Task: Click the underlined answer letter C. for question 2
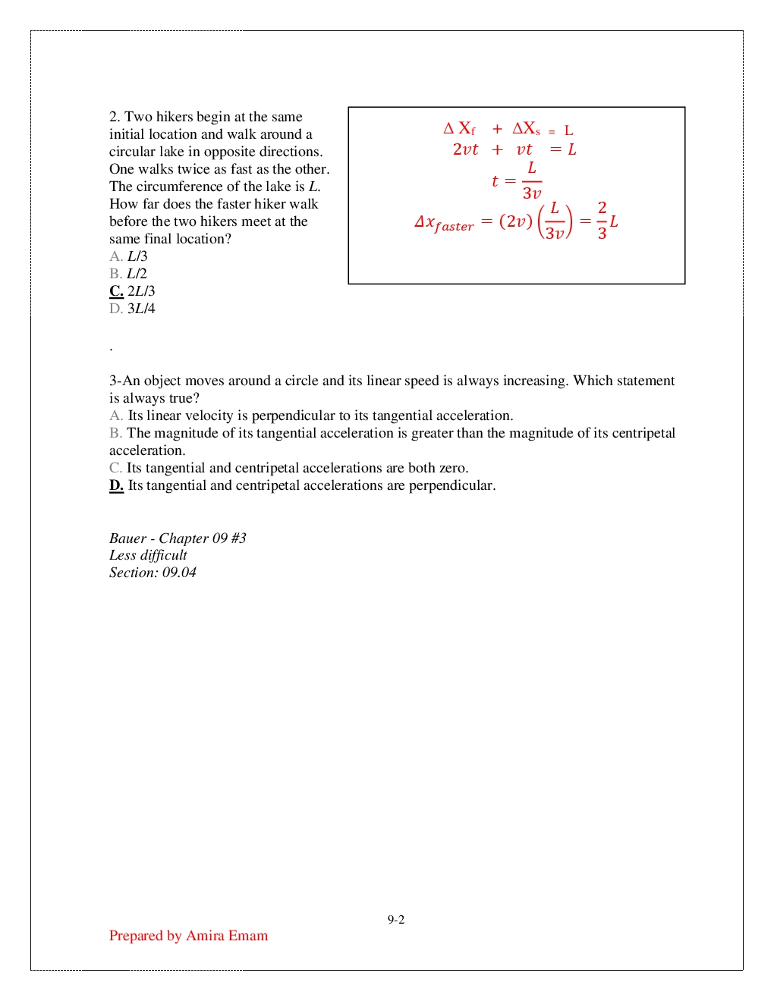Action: click(x=116, y=291)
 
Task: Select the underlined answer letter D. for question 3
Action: click(x=116, y=485)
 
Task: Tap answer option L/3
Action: click(x=137, y=256)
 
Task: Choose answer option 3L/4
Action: click(x=141, y=309)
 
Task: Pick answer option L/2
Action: click(x=137, y=274)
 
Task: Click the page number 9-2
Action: click(x=395, y=920)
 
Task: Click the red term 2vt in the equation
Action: click(x=465, y=149)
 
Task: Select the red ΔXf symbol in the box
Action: click(x=460, y=129)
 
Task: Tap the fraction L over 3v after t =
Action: click(x=532, y=180)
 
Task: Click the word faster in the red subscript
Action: click(x=454, y=227)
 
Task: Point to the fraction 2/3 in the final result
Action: click(x=602, y=221)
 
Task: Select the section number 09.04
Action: click(x=179, y=573)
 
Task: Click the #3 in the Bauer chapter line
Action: click(x=238, y=538)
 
